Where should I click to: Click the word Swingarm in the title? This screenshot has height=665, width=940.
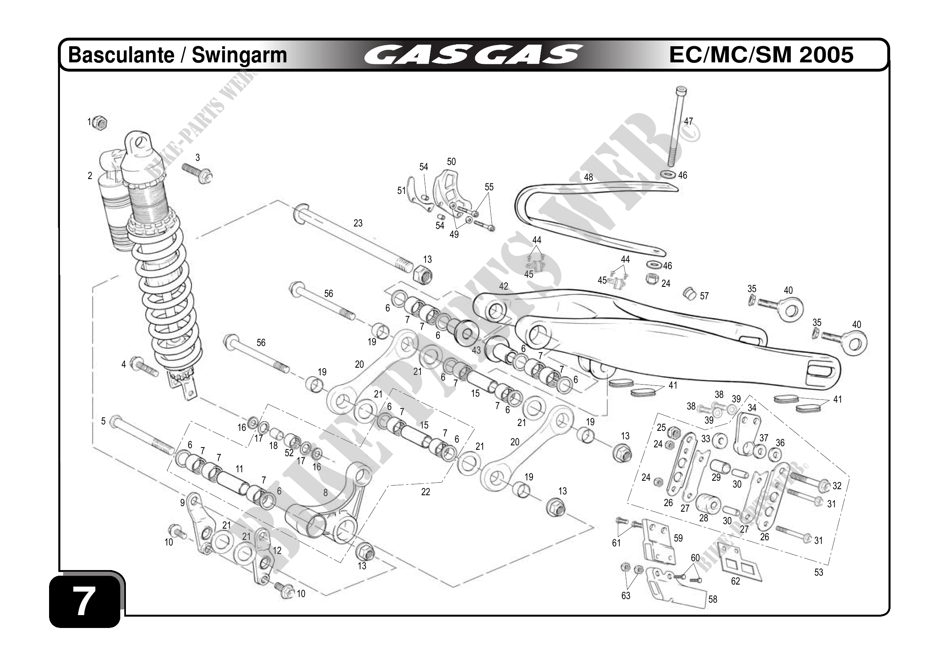[x=239, y=55]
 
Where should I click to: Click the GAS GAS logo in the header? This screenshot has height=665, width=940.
[x=473, y=55]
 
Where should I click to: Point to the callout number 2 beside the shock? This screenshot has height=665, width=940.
[x=90, y=176]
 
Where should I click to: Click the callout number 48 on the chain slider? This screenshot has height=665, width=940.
[x=588, y=177]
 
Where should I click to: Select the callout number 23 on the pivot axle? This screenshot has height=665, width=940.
[x=358, y=223]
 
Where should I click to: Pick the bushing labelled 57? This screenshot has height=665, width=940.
[x=690, y=294]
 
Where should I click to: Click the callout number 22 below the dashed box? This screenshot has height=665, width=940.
[x=426, y=492]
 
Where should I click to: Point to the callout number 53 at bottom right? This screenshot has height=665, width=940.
[x=819, y=572]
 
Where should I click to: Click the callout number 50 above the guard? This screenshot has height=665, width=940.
[x=451, y=162]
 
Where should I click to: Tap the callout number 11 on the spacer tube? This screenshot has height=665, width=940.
[x=239, y=469]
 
